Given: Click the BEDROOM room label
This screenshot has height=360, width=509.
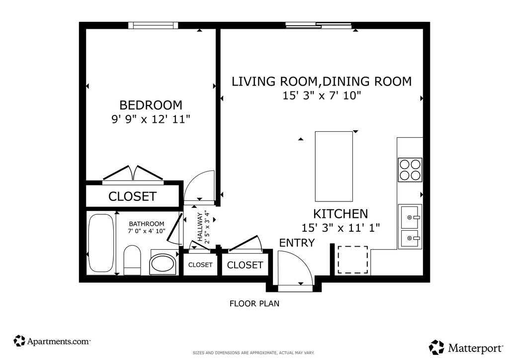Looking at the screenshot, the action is (x=151, y=105).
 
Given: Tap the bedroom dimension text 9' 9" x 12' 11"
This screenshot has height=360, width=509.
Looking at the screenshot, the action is (x=151, y=119).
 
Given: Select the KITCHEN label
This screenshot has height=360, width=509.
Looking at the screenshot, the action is (x=340, y=214).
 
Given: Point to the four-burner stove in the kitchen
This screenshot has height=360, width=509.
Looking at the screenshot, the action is (x=410, y=170).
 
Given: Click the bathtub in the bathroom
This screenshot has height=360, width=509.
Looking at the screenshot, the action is (x=101, y=243).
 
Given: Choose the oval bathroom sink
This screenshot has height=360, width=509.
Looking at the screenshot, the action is (x=163, y=262).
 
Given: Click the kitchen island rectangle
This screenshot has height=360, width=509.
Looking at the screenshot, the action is (x=334, y=167).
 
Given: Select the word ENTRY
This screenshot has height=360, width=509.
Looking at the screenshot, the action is (x=297, y=243).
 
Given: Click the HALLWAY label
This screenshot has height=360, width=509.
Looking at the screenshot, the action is (x=200, y=227).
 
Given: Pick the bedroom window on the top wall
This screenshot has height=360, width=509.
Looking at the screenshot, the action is (x=153, y=25).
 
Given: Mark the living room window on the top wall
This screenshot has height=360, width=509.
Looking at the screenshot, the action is (x=319, y=25).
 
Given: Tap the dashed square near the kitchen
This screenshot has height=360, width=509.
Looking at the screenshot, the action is (x=353, y=260).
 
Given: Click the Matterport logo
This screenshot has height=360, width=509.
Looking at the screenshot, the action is (x=466, y=348).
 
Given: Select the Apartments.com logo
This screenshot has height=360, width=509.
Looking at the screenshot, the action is (x=52, y=341).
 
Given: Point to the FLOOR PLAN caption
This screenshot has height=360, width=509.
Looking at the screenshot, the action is (x=254, y=304).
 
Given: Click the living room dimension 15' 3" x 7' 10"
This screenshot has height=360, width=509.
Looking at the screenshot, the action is (x=322, y=96).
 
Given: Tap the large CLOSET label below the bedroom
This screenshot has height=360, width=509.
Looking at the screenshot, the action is (x=132, y=196).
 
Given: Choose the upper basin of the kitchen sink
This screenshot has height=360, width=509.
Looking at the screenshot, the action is (x=410, y=217).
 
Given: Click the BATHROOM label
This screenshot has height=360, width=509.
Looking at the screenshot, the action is (x=147, y=224).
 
